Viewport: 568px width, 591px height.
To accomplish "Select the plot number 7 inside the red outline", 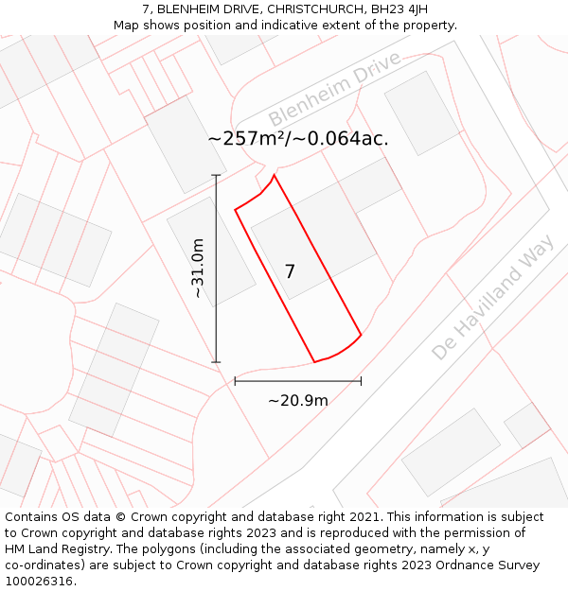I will point(290,271).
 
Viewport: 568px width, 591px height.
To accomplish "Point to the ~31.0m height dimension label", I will point(198,269).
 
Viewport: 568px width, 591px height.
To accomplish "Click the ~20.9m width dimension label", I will point(298,400).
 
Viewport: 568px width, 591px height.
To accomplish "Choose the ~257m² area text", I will point(248,138).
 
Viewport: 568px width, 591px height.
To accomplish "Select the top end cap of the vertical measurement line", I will point(216,175).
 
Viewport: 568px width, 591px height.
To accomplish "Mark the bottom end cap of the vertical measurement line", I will point(216,362).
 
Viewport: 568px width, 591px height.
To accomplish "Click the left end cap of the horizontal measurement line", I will point(235,381).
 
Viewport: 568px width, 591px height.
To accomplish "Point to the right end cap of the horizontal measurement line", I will point(361,381).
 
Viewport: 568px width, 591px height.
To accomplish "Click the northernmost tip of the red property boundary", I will point(275,175).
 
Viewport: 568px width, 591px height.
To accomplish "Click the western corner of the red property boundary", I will point(235,210).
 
